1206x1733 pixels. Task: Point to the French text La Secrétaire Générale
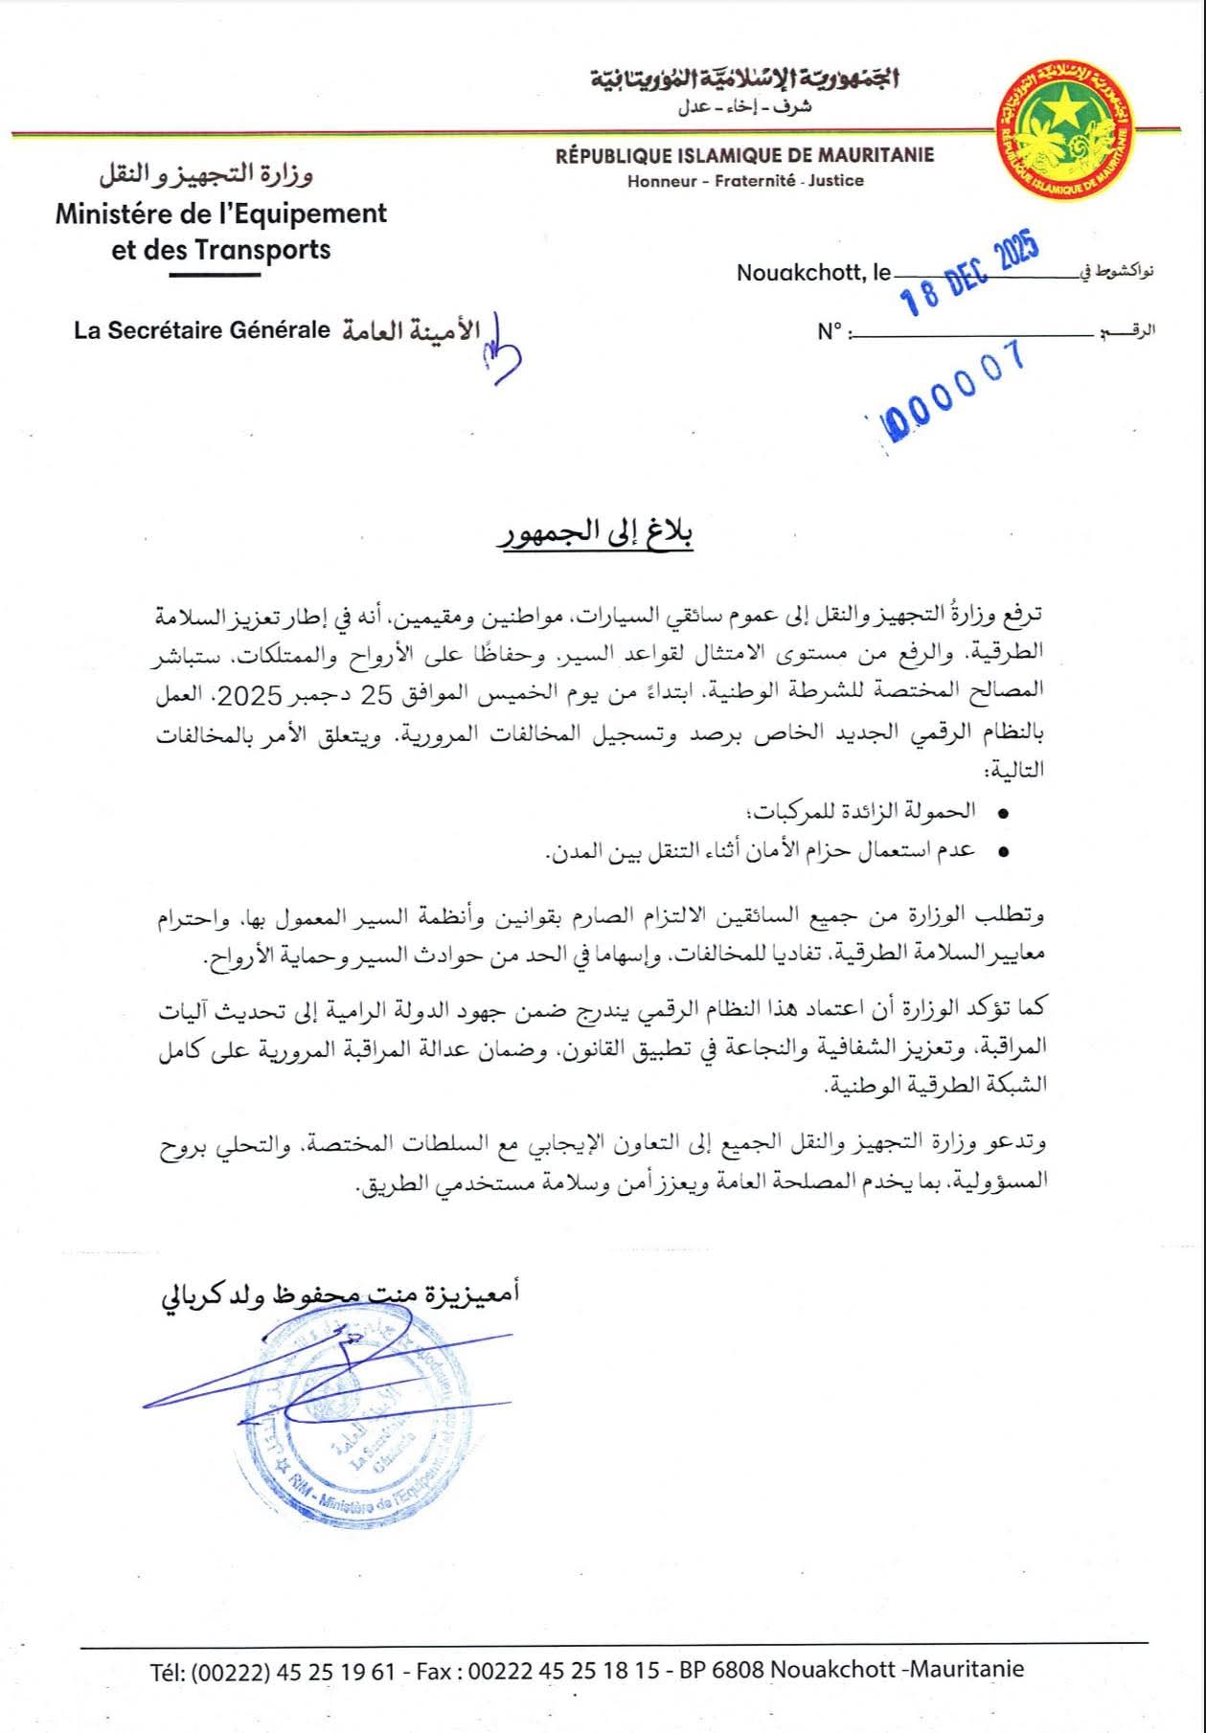(x=202, y=330)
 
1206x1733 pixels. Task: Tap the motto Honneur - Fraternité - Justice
(x=745, y=180)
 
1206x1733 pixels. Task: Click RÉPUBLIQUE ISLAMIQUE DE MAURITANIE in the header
(x=744, y=155)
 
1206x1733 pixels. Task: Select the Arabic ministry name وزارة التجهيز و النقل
(x=207, y=176)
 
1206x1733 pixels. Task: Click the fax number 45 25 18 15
(x=600, y=1671)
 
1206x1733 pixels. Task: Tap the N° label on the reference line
(x=830, y=332)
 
